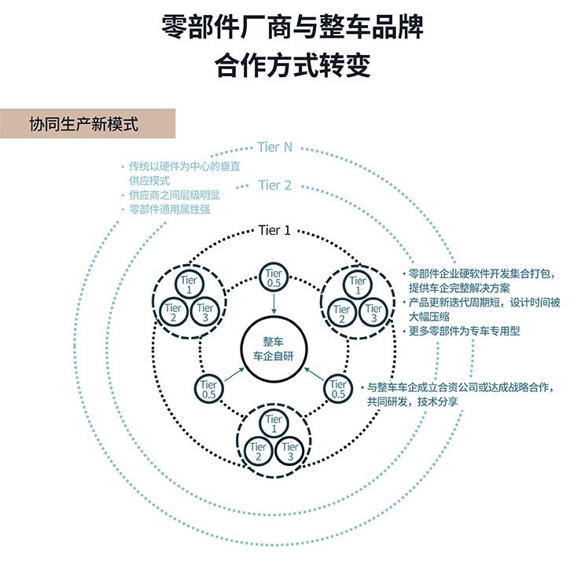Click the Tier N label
pyautogui.click(x=274, y=147)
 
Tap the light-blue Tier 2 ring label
pyautogui.click(x=274, y=185)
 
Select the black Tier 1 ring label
pyautogui.click(x=274, y=230)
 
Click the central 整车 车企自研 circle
pyautogui.click(x=274, y=350)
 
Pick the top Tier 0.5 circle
pyautogui.click(x=274, y=277)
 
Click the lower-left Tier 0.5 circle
pyautogui.click(x=209, y=389)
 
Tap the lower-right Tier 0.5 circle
pyautogui.click(x=338, y=389)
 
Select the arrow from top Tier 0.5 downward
pyautogui.click(x=274, y=304)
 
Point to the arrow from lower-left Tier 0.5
pyautogui.click(x=234, y=375)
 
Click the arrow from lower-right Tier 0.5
pyautogui.click(x=314, y=374)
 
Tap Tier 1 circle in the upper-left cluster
pyautogui.click(x=189, y=284)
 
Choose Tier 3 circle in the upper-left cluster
pyautogui.click(x=204, y=313)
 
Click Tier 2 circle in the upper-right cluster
pyautogui.click(x=342, y=313)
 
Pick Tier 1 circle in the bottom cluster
pyautogui.click(x=274, y=423)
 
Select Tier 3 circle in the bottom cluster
pyautogui.click(x=290, y=451)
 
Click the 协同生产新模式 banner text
pyautogui.click(x=83, y=124)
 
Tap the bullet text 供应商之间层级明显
pyautogui.click(x=175, y=195)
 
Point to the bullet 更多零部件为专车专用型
pyautogui.click(x=464, y=331)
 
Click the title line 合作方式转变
pyautogui.click(x=292, y=65)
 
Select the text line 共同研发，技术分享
pyautogui.click(x=412, y=401)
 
